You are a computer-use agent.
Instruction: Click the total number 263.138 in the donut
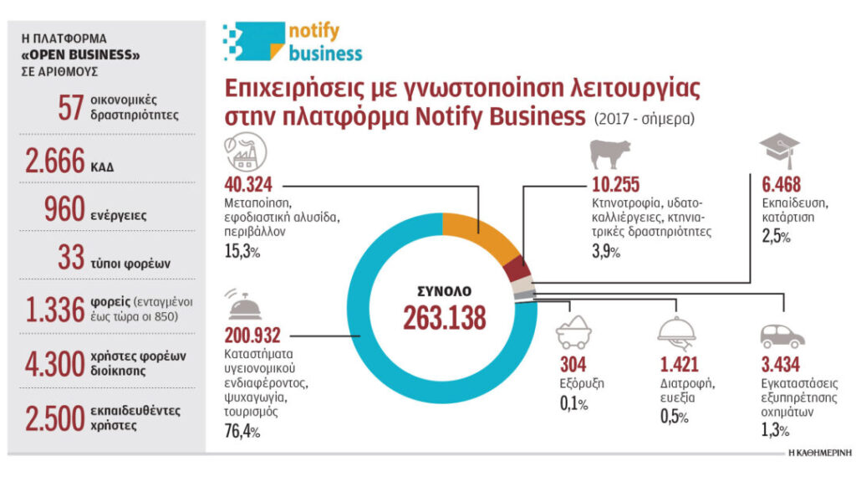pyautogui.click(x=444, y=318)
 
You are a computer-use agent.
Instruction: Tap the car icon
pyautogui.click(x=782, y=336)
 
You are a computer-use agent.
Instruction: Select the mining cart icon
pyautogui.click(x=573, y=333)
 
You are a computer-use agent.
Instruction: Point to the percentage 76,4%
pyautogui.click(x=242, y=432)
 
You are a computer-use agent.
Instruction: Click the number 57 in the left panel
pyautogui.click(x=69, y=107)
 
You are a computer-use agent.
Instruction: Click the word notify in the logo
pyautogui.click(x=313, y=32)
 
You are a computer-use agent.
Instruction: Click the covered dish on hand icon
pyautogui.click(x=677, y=332)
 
